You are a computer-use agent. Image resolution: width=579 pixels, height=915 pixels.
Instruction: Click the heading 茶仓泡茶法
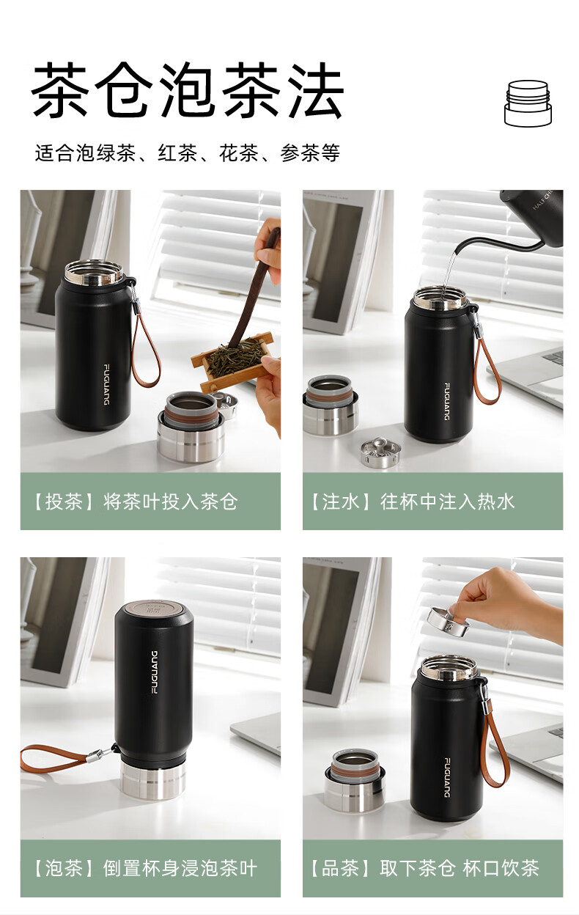click(188, 90)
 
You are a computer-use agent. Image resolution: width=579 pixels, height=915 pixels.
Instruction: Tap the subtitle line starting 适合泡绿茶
click(188, 153)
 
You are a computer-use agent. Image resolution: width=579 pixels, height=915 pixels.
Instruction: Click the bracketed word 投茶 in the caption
click(64, 501)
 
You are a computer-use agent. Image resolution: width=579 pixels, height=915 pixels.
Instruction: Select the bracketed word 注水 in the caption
click(341, 501)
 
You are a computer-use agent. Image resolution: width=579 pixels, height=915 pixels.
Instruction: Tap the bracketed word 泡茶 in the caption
click(64, 868)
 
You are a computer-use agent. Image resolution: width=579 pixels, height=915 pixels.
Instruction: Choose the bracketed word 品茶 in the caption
click(341, 868)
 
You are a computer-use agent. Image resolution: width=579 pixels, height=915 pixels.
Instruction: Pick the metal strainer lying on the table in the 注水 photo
click(380, 452)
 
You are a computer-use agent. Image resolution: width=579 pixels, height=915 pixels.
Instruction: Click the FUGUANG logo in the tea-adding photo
click(106, 384)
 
